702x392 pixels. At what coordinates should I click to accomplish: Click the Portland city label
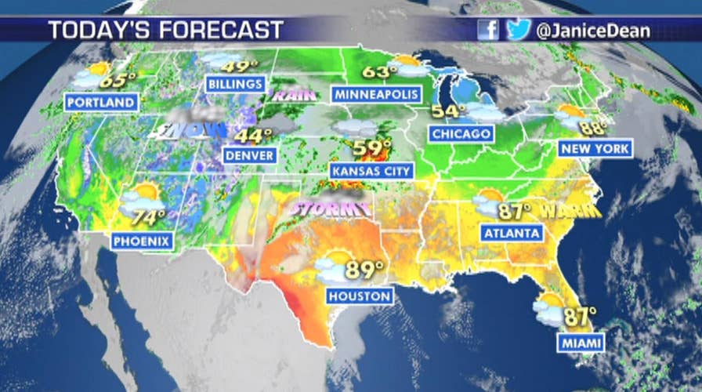click(102, 103)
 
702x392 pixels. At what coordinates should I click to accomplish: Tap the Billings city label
click(235, 84)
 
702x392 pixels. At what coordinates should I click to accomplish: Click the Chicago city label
click(461, 134)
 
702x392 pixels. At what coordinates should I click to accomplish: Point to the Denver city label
click(250, 155)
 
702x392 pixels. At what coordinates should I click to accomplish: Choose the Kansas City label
click(360, 170)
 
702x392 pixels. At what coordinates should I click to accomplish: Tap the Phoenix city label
click(142, 241)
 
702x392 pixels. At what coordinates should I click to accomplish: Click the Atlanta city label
click(512, 233)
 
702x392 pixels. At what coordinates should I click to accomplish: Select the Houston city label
click(360, 296)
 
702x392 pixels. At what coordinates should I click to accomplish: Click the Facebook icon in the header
click(488, 30)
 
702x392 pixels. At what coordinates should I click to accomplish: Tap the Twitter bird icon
click(518, 30)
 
